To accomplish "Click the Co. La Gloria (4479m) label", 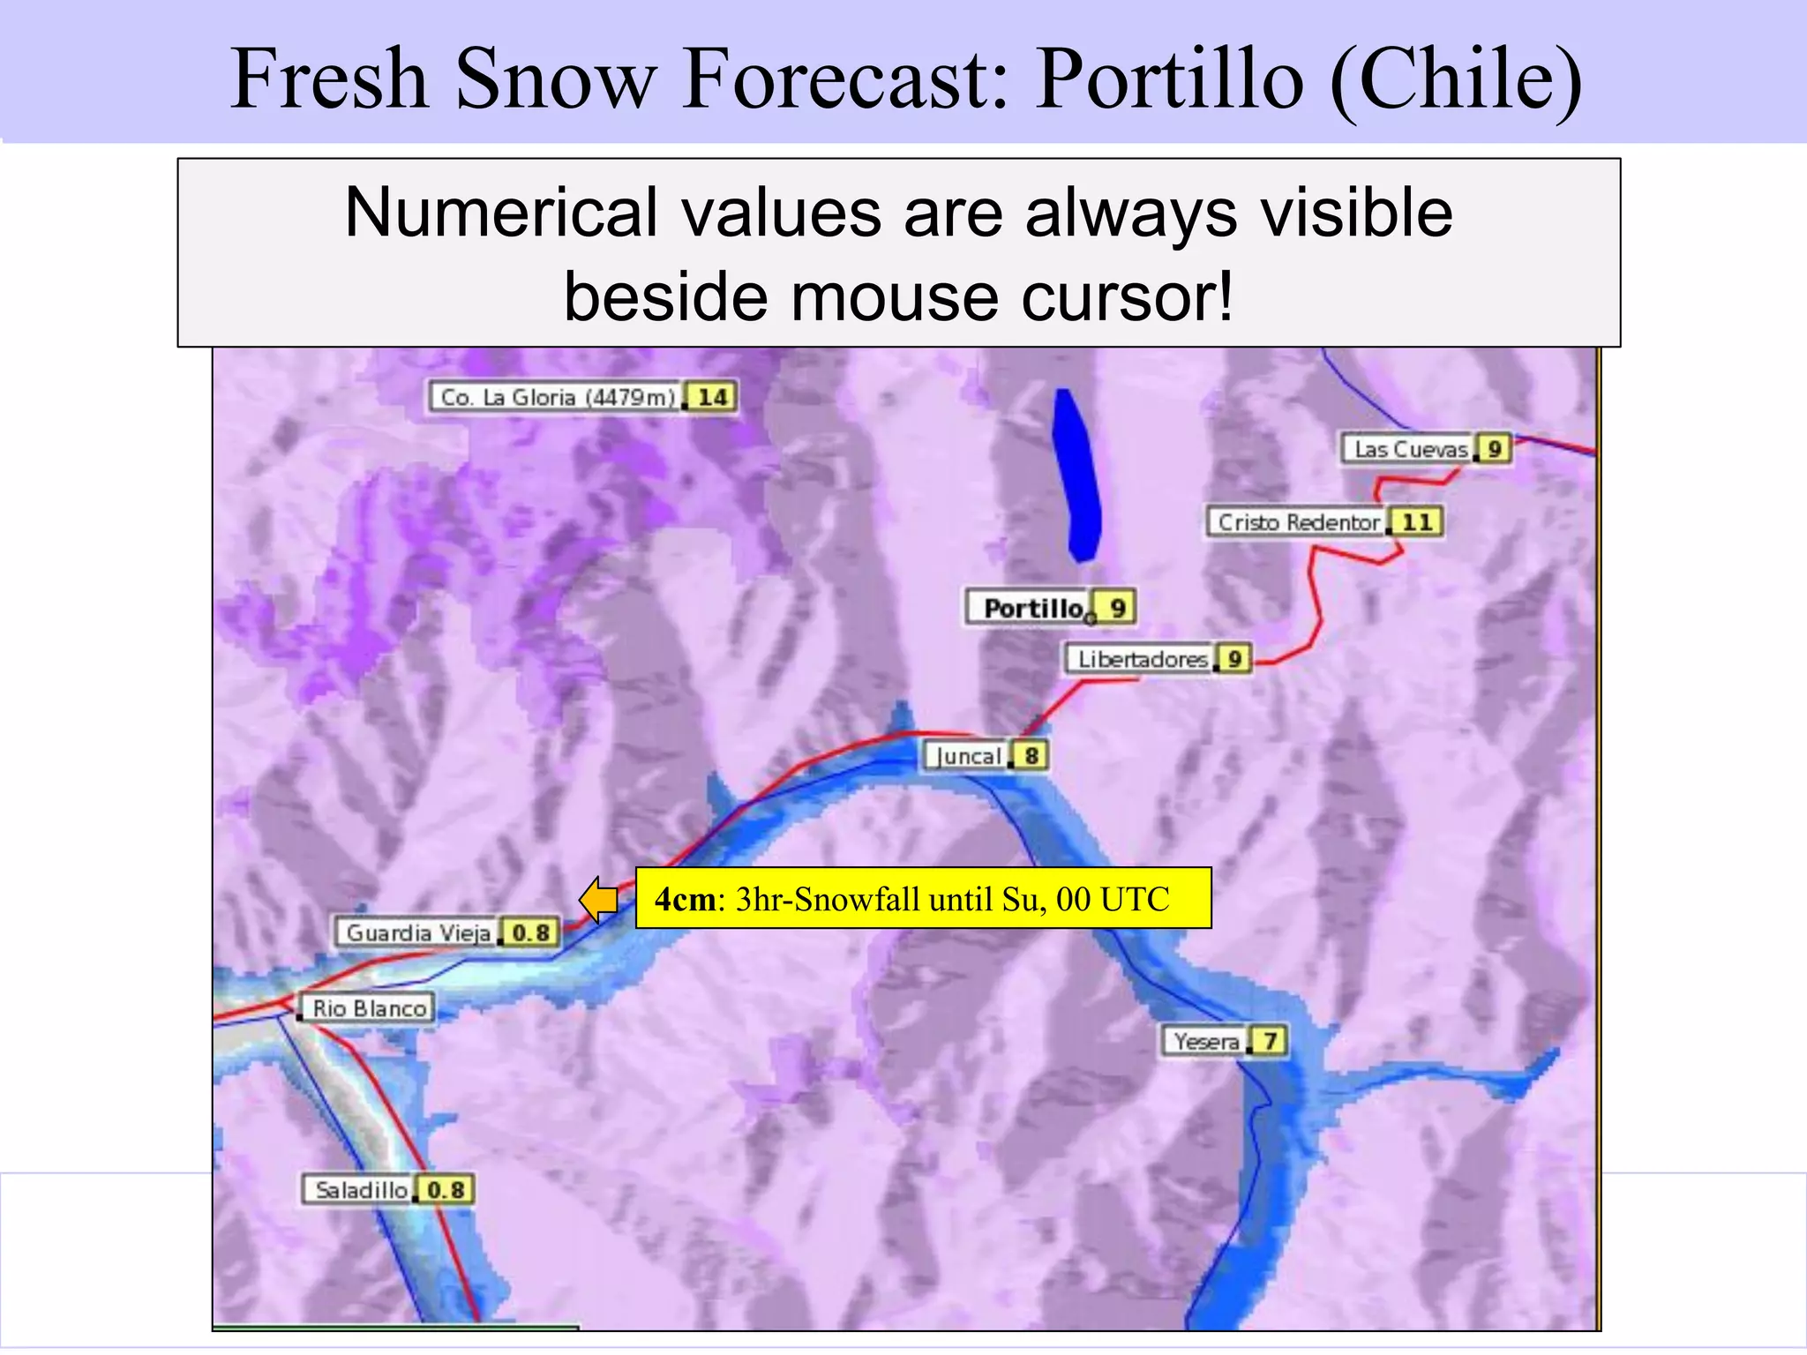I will coord(557,397).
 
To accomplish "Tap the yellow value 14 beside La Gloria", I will coord(712,397).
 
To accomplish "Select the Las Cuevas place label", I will coord(1409,449).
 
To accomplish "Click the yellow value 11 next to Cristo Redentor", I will coord(1417,522).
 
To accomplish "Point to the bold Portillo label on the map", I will coord(1031,608).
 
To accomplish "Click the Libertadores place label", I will coord(1141,659).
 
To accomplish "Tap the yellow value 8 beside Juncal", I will coord(1031,756).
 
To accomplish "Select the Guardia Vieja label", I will coord(417,932).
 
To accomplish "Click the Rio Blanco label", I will coord(369,1008).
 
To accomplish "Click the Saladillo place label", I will coord(361,1190).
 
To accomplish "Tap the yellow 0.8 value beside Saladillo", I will coord(446,1190).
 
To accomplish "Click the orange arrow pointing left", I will coord(599,900).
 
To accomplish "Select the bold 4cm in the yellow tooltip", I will coord(685,899).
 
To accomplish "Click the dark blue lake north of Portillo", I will coord(1076,476).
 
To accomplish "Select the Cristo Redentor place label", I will coord(1297,522).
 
